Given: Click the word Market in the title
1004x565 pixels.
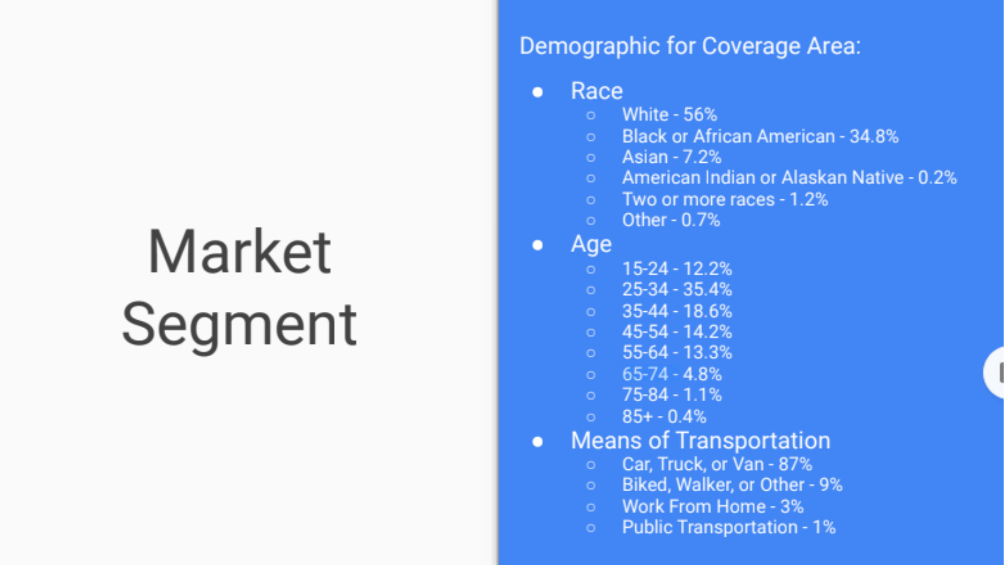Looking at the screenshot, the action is pyautogui.click(x=239, y=252).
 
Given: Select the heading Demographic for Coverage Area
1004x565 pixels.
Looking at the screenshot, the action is pyautogui.click(x=690, y=47).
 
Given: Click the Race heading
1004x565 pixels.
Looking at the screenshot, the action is pyautogui.click(x=597, y=91).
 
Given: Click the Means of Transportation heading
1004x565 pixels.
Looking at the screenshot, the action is pyautogui.click(x=701, y=440).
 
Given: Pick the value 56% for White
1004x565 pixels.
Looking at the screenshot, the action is pyautogui.click(x=700, y=115).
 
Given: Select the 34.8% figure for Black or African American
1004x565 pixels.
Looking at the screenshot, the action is pyautogui.click(x=874, y=137).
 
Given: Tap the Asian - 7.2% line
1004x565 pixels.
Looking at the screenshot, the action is pyautogui.click(x=672, y=157).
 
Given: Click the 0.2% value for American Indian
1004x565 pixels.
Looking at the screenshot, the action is pyautogui.click(x=938, y=178).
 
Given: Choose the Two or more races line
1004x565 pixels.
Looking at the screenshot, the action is pyautogui.click(x=725, y=199).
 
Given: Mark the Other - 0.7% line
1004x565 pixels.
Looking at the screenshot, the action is pyautogui.click(x=671, y=220).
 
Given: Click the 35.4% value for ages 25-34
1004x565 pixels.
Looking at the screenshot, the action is pyautogui.click(x=708, y=289).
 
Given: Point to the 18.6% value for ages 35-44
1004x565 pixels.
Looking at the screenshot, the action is pyautogui.click(x=708, y=311).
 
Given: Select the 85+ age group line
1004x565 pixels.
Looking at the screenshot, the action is pyautogui.click(x=664, y=417).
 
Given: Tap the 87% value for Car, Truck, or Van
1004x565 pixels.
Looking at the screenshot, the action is pyautogui.click(x=795, y=464).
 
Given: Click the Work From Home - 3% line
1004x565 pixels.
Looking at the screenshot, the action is pyautogui.click(x=713, y=506).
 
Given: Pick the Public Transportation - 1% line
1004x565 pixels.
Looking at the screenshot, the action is pyautogui.click(x=729, y=527).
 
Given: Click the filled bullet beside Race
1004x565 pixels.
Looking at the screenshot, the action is pyautogui.click(x=538, y=92).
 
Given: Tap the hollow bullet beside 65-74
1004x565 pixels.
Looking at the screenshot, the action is pyautogui.click(x=591, y=375).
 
